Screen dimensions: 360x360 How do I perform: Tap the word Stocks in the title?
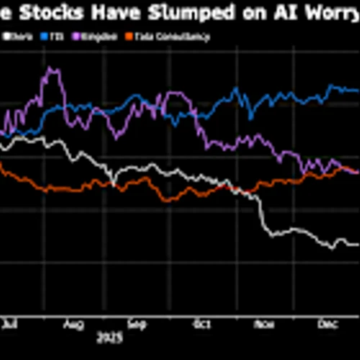click(x=52, y=14)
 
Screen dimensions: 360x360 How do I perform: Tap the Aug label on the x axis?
click(x=72, y=325)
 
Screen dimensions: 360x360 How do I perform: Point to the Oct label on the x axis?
click(x=199, y=325)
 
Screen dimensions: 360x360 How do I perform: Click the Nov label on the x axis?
click(x=264, y=325)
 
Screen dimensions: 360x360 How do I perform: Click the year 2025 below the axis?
click(x=110, y=336)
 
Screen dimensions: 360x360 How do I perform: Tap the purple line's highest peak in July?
click(x=50, y=69)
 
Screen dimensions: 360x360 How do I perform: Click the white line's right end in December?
click(x=356, y=245)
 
